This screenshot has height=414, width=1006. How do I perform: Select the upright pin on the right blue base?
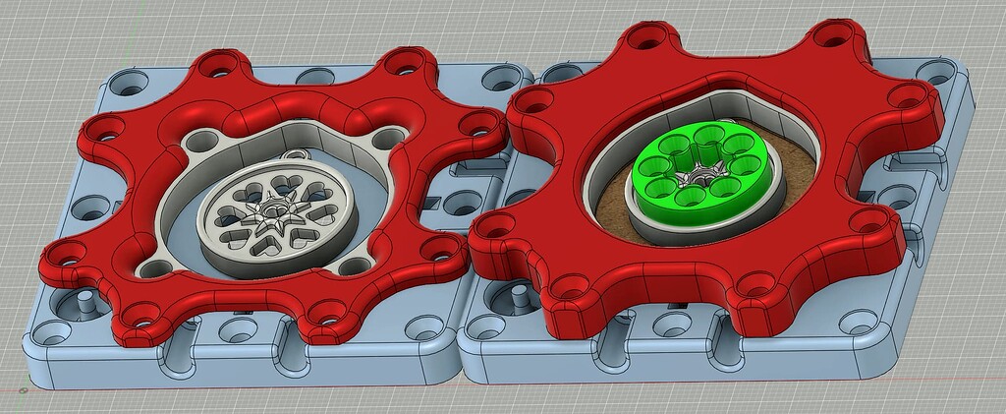[514, 296]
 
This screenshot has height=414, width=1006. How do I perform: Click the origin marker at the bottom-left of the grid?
[23, 389]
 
